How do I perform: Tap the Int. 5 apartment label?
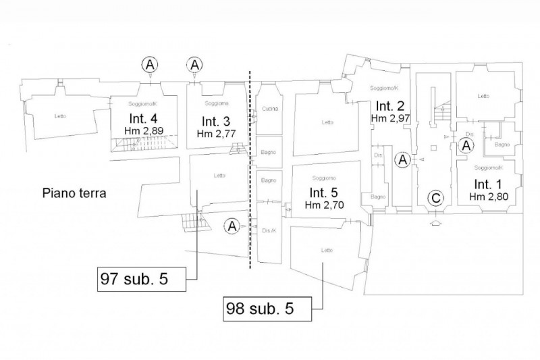coord(322,191)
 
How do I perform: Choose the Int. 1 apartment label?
coord(486,184)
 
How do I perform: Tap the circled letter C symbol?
coord(436,199)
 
